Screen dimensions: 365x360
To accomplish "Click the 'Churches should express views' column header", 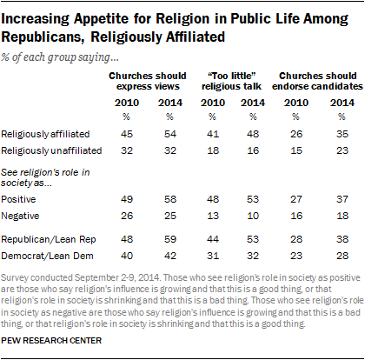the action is tap(148, 81).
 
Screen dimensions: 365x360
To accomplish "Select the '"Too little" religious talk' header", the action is tap(231, 81).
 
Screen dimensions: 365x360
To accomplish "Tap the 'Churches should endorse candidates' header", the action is tap(317, 81).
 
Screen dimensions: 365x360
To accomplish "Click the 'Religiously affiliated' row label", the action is tap(45, 134).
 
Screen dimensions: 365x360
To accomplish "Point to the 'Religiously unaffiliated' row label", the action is tap(51, 150).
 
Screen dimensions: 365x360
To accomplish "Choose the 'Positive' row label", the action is tap(18, 199).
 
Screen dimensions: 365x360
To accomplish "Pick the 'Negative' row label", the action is tap(20, 216).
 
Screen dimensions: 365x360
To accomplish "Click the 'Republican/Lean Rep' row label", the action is tap(49, 239).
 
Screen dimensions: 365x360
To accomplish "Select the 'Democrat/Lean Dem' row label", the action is tap(48, 256).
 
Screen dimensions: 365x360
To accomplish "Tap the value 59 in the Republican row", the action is tap(170, 239).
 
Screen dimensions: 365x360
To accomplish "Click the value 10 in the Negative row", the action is tap(253, 216).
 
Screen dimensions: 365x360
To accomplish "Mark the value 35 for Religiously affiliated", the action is tap(342, 134).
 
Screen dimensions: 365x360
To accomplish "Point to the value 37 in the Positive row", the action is tap(342, 199).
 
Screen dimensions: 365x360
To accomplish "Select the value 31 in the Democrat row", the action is tap(213, 256).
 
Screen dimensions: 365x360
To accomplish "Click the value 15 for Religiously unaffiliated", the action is tap(296, 150).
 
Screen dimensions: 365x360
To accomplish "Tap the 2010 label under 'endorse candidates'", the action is tap(296, 103).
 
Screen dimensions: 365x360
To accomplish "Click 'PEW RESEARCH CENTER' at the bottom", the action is tap(51, 341).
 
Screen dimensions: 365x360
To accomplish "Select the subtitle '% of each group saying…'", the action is tap(60, 57).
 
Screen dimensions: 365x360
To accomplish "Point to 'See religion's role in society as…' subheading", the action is tap(45, 177).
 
